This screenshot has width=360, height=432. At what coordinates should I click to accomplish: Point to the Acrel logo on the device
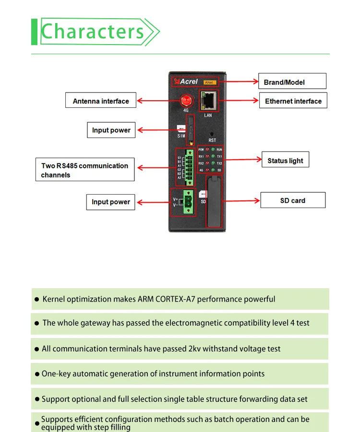[187, 82]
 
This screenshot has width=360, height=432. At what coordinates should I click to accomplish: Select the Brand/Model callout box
[292, 82]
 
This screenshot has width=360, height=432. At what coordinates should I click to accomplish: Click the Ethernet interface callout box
[293, 101]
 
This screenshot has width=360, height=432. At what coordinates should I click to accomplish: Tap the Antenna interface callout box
[101, 101]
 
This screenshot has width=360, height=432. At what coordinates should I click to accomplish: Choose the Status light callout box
[285, 161]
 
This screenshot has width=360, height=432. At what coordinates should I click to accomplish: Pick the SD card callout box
[292, 200]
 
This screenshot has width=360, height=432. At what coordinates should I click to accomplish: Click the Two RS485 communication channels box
[84, 170]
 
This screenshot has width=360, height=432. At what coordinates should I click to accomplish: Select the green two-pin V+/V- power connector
[188, 202]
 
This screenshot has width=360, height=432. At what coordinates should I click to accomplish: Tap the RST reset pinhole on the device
[212, 135]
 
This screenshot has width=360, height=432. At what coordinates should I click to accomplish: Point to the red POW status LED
[207, 150]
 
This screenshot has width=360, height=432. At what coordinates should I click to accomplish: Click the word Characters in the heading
[93, 32]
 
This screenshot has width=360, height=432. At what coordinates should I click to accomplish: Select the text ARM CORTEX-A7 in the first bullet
[166, 299]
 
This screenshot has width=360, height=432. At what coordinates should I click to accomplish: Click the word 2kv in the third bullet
[194, 349]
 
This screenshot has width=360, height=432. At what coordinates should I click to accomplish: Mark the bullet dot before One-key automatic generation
[37, 374]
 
